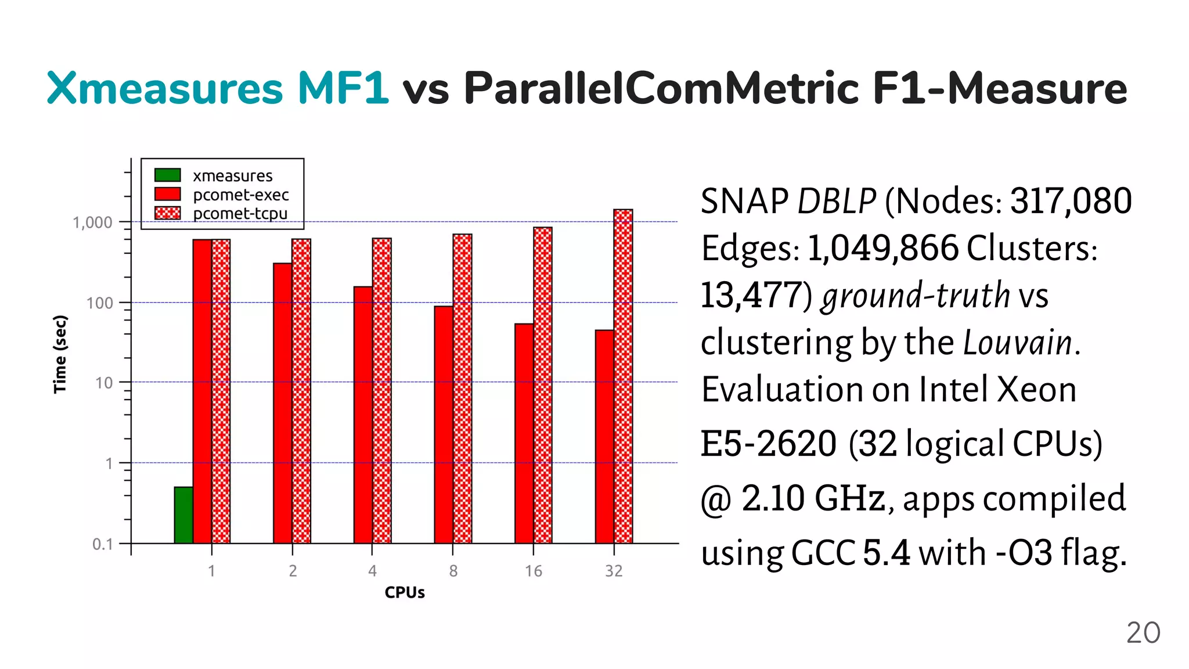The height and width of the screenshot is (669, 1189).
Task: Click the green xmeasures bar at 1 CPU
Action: point(183,515)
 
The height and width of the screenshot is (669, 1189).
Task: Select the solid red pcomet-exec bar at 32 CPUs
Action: point(604,437)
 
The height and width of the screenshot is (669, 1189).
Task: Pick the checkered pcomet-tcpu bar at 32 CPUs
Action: point(623,376)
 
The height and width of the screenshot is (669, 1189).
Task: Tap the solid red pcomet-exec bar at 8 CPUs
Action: point(444,425)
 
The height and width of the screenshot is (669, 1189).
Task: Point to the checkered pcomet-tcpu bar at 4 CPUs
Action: point(381,390)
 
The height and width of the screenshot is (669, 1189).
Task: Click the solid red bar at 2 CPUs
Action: point(283,403)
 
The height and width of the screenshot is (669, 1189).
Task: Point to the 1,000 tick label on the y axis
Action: point(92,222)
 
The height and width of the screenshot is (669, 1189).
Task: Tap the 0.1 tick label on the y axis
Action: point(102,544)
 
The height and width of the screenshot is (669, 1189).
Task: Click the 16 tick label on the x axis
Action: point(533,571)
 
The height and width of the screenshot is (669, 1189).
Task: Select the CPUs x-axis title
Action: point(405,592)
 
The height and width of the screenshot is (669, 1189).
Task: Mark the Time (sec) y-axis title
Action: point(60,354)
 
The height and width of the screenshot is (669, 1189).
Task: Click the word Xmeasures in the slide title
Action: point(164,88)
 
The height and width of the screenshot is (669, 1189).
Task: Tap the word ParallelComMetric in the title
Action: point(661,88)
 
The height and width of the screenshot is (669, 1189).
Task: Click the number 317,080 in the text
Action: point(1071,201)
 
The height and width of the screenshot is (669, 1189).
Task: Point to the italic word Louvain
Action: point(1017,342)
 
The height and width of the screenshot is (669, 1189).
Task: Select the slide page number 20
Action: point(1143,632)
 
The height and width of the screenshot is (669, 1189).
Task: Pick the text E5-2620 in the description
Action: point(768,444)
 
